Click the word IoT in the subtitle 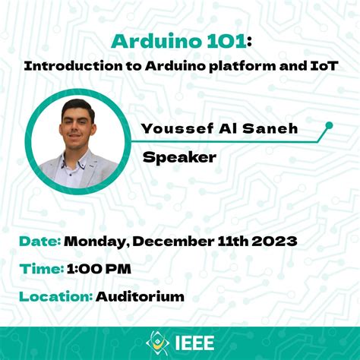321,66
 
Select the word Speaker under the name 180,157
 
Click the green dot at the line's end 329,125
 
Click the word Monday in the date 96,242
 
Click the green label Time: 40,268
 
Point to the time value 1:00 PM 99,268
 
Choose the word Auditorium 141,295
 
